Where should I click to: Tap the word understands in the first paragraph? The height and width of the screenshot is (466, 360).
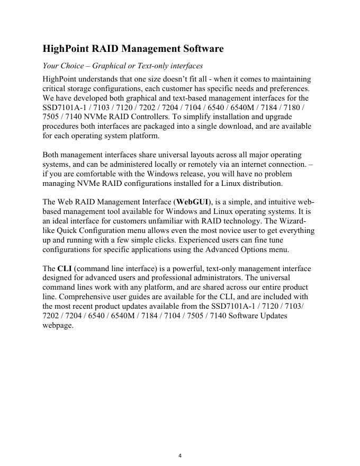point(106,78)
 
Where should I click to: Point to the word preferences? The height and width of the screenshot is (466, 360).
point(287,88)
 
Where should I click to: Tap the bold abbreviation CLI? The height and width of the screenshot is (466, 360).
point(65,270)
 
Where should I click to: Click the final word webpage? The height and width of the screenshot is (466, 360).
point(58,327)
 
